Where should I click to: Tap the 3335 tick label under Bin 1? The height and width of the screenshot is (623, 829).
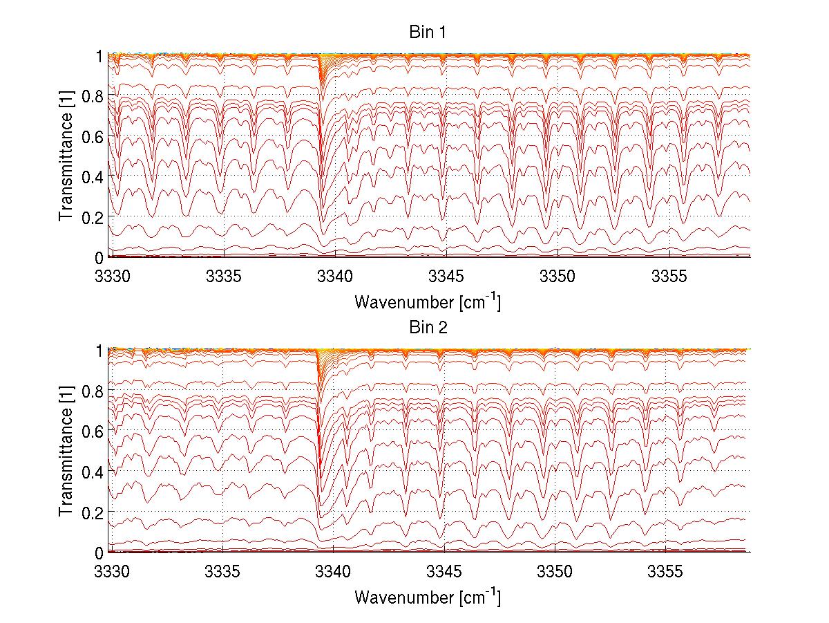pyautogui.click(x=222, y=277)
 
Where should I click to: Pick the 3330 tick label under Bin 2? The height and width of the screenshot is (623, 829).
pyautogui.click(x=111, y=572)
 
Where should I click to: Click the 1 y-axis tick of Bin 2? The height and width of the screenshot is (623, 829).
pyautogui.click(x=99, y=351)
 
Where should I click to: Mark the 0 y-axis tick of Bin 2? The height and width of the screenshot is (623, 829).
pyautogui.click(x=99, y=552)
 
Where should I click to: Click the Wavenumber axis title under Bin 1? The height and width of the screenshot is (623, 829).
pyautogui.click(x=427, y=301)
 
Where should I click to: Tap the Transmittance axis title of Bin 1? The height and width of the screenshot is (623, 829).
pyautogui.click(x=66, y=156)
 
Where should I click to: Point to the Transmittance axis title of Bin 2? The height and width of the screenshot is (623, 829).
pyautogui.click(x=66, y=451)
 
